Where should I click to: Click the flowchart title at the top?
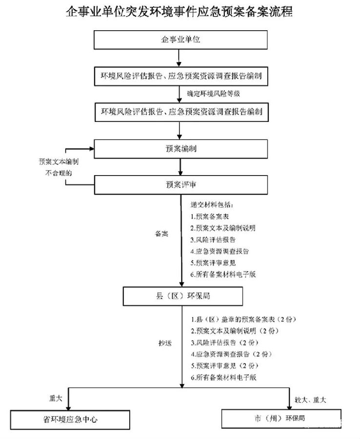point(180,12)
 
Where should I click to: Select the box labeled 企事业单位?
point(180,40)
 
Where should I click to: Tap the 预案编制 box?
point(181,149)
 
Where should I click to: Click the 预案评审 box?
point(181,185)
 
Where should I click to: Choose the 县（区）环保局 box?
point(183,296)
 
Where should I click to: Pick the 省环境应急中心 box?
point(70,419)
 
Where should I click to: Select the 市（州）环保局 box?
point(281,419)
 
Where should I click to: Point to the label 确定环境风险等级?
point(213,94)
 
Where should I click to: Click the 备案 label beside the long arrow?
point(161,234)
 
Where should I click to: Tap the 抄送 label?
point(165,343)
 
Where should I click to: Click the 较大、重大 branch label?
point(310,400)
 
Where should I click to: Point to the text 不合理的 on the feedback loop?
point(59,173)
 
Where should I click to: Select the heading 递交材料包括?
point(212,205)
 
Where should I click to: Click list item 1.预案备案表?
point(210,217)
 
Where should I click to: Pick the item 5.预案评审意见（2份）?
point(225,366)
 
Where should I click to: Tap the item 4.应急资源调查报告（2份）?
point(232,354)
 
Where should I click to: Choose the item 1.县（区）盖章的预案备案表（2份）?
point(243,319)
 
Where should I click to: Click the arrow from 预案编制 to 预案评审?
point(180,167)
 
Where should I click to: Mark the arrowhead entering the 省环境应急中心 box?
point(68,408)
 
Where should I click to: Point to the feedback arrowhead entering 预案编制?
point(92,149)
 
